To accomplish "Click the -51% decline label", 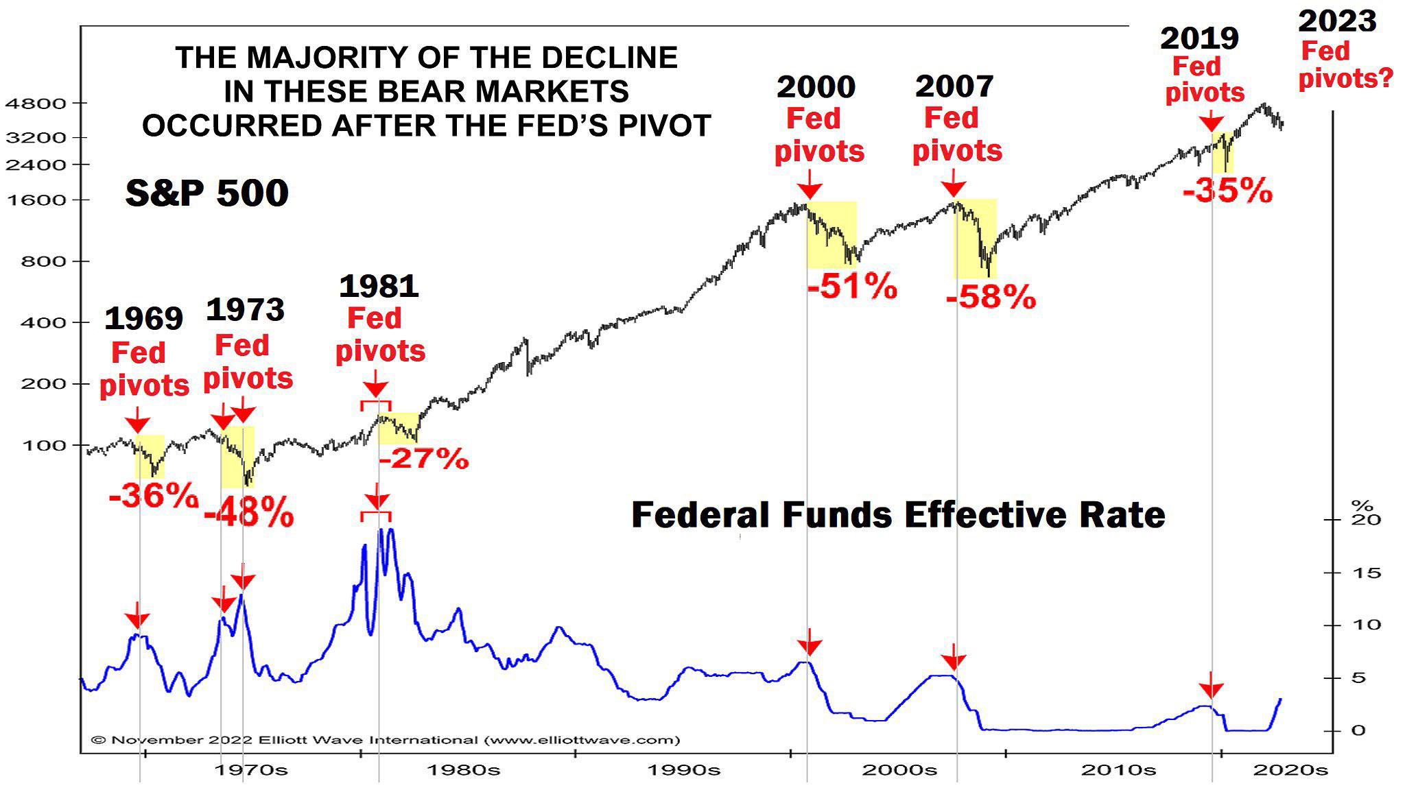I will point(852,286).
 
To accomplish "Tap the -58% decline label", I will point(991,298).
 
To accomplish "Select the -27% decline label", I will point(424,458).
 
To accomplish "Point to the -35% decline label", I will point(1227,190).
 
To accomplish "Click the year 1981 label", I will point(379,286).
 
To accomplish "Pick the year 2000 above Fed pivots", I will point(816,87).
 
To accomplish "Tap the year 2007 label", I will point(954,86).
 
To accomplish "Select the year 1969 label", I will point(143,318).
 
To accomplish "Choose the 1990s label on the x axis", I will point(684,769).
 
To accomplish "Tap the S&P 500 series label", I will point(206,193).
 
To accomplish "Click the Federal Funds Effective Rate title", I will point(897,514).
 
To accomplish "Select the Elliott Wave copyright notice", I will point(386,740).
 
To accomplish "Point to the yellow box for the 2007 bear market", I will point(975,238).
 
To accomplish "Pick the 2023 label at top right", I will point(1337,21).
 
